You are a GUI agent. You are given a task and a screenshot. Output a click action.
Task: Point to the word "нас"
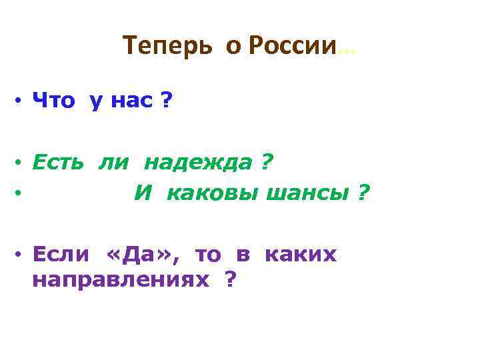(x=131, y=102)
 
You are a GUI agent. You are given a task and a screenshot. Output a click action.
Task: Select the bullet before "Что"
(x=21, y=103)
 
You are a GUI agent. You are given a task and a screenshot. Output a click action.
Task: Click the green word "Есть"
(x=59, y=163)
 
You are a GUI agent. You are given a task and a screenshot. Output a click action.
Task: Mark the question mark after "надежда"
(x=266, y=163)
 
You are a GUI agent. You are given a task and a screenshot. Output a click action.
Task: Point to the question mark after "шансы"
(x=363, y=193)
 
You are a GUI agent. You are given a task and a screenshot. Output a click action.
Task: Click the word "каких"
(x=301, y=255)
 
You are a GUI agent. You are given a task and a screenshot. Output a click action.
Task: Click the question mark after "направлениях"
(x=231, y=279)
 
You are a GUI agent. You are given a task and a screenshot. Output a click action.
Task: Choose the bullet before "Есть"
(x=21, y=163)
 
